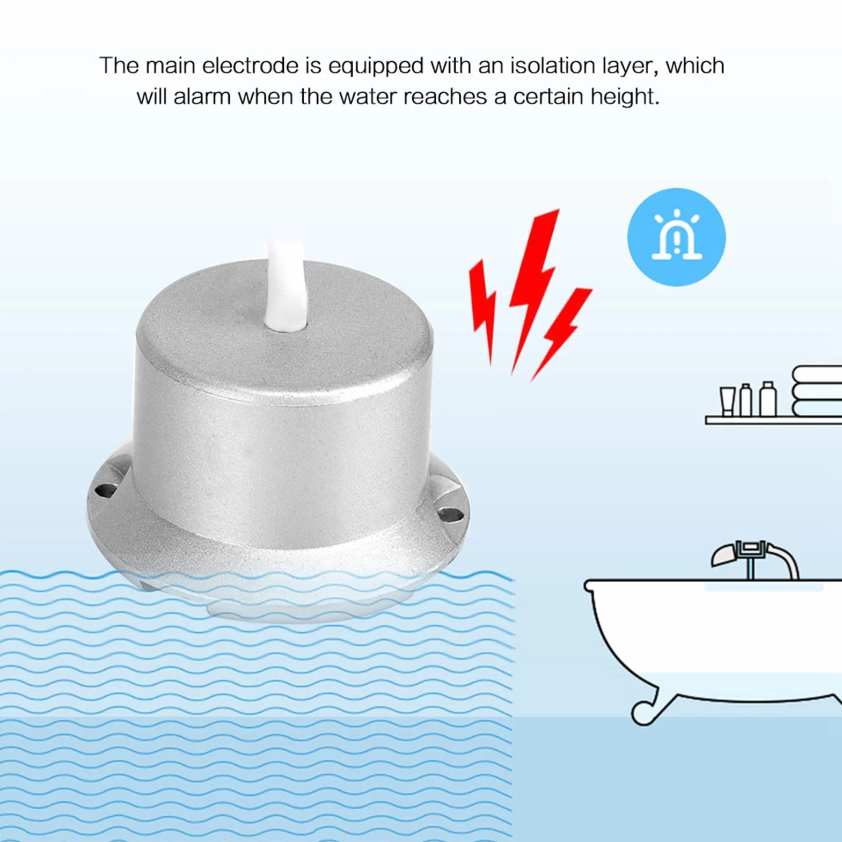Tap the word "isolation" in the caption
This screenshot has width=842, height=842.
(x=553, y=65)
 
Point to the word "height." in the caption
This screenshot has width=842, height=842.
(x=625, y=98)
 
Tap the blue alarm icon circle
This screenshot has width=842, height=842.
(x=676, y=237)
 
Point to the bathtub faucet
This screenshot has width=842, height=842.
(x=755, y=560)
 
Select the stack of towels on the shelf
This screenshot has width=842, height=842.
(x=817, y=391)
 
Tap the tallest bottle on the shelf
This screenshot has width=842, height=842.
(x=768, y=399)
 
